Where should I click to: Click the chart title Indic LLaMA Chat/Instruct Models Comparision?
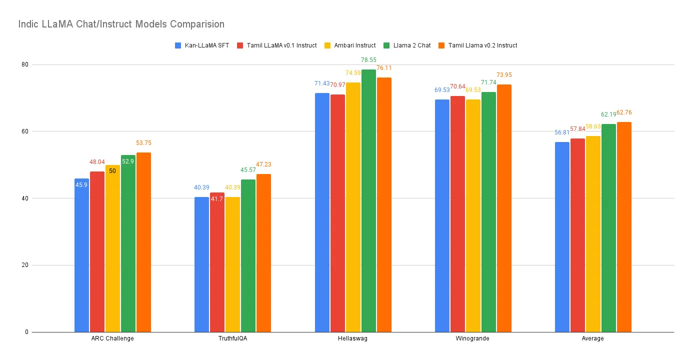point(121,24)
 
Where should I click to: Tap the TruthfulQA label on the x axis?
point(232,338)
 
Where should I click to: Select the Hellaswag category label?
point(353,338)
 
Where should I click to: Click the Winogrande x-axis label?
point(473,338)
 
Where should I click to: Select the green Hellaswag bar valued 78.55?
point(368,200)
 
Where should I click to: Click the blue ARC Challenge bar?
point(81,255)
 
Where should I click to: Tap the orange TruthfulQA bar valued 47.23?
point(263,253)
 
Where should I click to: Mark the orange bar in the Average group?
point(624,227)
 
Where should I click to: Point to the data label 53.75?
point(143,143)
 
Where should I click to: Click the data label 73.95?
point(504,75)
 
